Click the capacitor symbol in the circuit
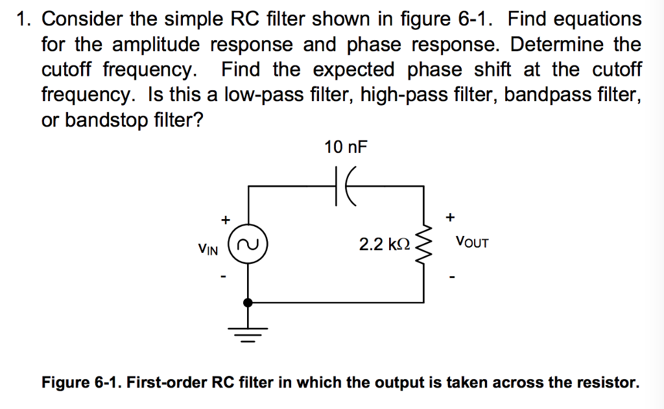click(342, 187)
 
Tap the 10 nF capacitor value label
click(345, 148)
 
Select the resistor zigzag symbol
click(425, 245)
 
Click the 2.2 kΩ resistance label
click(385, 244)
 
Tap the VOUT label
click(472, 243)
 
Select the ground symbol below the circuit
click(248, 333)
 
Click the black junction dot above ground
click(248, 302)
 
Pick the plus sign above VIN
click(224, 220)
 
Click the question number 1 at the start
click(23, 19)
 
